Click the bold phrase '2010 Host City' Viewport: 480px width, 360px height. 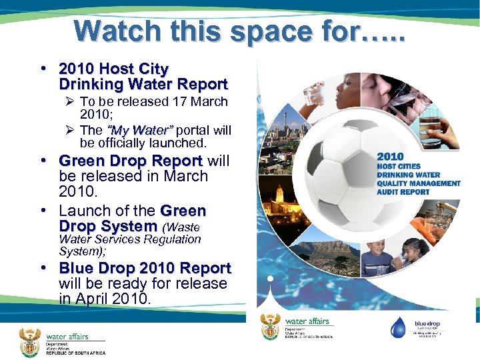113,69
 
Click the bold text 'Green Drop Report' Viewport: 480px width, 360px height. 131,161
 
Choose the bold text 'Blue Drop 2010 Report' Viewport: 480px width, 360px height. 145,268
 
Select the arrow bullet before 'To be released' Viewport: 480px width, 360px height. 68,102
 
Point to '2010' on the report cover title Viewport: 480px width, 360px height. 391,156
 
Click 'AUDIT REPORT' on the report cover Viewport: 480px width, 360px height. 403,192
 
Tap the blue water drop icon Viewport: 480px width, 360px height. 398,327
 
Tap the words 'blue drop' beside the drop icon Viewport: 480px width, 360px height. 427,325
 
